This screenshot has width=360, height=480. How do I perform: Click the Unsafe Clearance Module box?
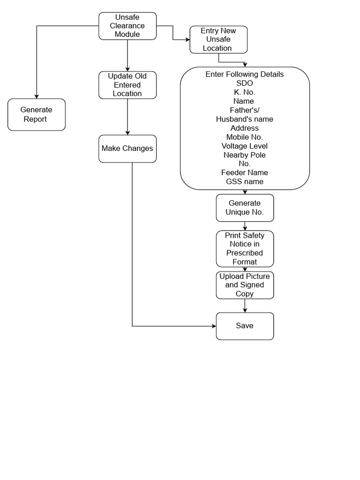[127, 26]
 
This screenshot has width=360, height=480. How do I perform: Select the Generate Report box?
[37, 114]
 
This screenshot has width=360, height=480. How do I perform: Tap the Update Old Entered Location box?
[127, 85]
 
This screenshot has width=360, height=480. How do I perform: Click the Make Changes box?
[127, 149]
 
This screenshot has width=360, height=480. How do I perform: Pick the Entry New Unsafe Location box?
[218, 39]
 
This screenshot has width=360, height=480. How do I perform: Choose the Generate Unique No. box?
[245, 208]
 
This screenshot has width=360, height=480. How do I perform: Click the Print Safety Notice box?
[245, 248]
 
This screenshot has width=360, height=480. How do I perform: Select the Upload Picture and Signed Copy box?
[245, 285]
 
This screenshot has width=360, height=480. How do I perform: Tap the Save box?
[245, 326]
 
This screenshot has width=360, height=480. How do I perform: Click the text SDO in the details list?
[245, 83]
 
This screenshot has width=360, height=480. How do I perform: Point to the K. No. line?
[245, 92]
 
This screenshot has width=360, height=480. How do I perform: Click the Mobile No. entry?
[245, 137]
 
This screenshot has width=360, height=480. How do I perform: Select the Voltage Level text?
[245, 146]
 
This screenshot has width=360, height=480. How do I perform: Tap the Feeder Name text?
[245, 173]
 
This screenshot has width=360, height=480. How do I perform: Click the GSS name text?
[245, 182]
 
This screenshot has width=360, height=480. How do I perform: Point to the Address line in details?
[245, 128]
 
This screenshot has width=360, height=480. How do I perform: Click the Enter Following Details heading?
[245, 75]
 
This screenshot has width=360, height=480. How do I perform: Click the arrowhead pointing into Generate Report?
[37, 96]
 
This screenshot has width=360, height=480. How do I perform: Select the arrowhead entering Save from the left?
[213, 326]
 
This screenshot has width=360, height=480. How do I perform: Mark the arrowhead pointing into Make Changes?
[127, 133]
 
